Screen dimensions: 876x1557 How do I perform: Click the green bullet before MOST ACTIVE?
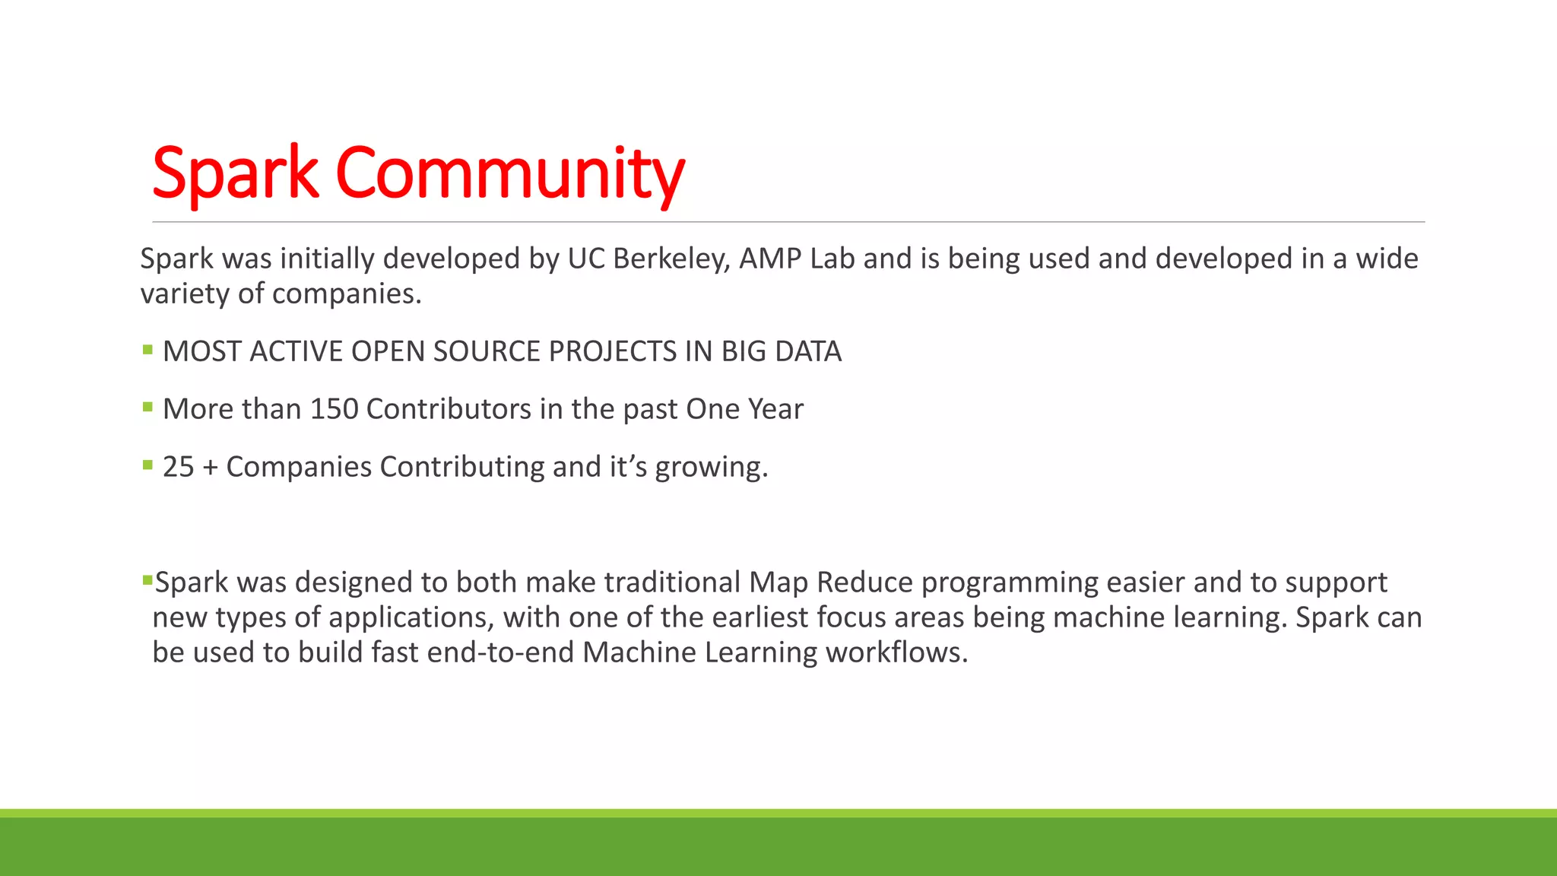click(147, 350)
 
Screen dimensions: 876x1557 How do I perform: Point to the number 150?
click(334, 409)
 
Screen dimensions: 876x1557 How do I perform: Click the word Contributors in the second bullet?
click(449, 409)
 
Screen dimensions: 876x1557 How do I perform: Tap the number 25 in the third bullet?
click(179, 467)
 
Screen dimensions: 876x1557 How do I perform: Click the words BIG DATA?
click(781, 351)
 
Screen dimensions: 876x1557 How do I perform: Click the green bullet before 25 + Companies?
click(147, 465)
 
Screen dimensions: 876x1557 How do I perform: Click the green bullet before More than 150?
click(147, 408)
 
